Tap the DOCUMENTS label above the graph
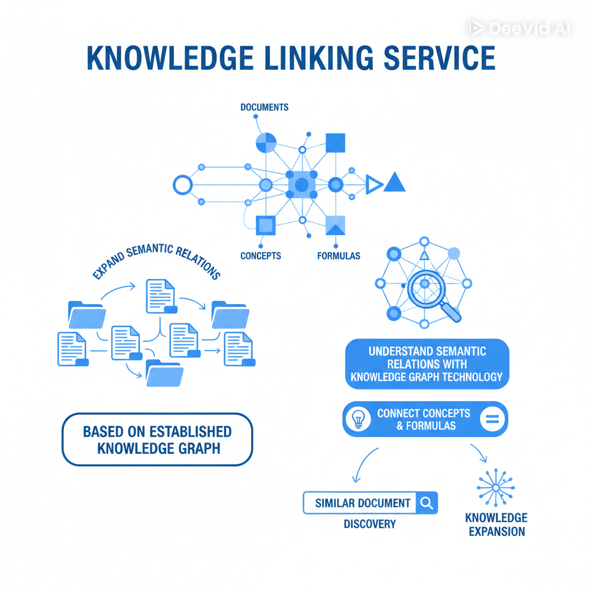click(x=264, y=107)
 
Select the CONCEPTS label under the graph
click(x=261, y=255)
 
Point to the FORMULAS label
click(x=339, y=255)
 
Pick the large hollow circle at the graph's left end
click(x=182, y=185)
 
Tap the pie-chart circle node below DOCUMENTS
click(x=266, y=142)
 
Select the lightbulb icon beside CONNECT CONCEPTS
click(x=359, y=419)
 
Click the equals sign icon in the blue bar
click(x=492, y=419)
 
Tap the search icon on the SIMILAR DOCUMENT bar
click(x=427, y=502)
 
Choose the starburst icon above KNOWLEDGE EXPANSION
click(x=496, y=487)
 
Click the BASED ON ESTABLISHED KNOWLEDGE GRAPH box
click(x=157, y=439)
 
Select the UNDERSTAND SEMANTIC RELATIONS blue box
click(x=427, y=364)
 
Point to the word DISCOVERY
click(x=369, y=524)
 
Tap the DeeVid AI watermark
click(x=519, y=28)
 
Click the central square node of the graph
click(x=301, y=185)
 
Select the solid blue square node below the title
click(x=335, y=143)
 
